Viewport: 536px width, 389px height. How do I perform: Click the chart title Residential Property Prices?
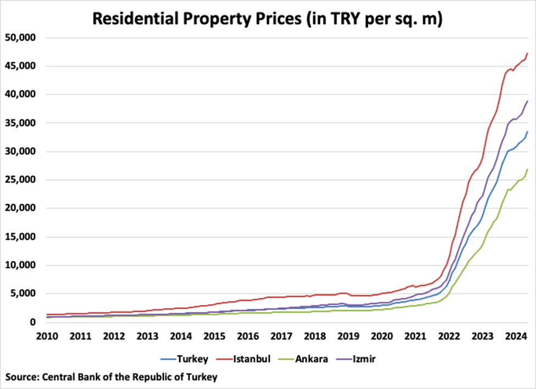coord(268,19)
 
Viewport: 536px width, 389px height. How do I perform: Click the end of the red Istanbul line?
coord(527,53)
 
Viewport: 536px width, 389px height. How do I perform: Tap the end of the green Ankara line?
coord(527,169)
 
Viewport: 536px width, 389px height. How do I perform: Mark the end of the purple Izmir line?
coord(527,101)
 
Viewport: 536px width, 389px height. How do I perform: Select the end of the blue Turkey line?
coord(527,132)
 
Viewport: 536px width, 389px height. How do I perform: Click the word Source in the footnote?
coord(20,377)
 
